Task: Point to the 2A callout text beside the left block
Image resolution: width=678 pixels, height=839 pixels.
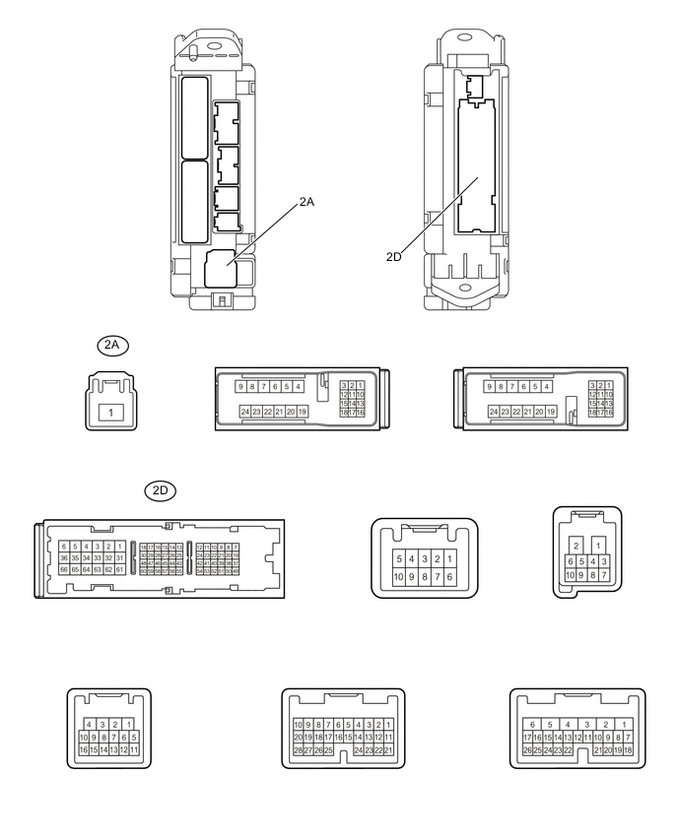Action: [x=307, y=203]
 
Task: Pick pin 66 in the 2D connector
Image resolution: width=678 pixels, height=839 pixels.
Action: [x=64, y=570]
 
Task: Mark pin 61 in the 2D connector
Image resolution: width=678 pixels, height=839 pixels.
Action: [x=120, y=570]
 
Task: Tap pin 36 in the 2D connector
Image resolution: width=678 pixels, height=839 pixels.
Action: [x=64, y=558]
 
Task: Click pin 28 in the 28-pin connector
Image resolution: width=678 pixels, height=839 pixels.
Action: [x=298, y=750]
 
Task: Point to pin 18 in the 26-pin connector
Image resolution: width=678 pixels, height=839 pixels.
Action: [x=628, y=750]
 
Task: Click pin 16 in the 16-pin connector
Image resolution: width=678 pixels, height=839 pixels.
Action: [x=85, y=750]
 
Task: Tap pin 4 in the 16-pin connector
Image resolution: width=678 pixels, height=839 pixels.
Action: [x=90, y=724]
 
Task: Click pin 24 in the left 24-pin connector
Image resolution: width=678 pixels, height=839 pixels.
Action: [x=245, y=411]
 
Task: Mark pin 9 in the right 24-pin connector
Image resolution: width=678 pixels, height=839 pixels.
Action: [x=492, y=387]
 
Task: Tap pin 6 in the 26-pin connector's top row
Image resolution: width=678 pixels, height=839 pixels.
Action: [x=532, y=724]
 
